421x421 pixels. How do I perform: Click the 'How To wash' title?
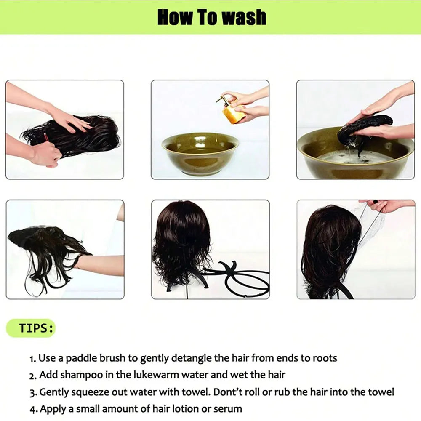(x=212, y=17)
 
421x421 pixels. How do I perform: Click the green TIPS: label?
(x=36, y=328)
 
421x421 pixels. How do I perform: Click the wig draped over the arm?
(x=46, y=248)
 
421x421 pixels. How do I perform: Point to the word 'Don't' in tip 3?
(x=228, y=392)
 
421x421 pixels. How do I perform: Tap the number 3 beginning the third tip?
(x=32, y=393)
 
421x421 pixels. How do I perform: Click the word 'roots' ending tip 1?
(x=324, y=358)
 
